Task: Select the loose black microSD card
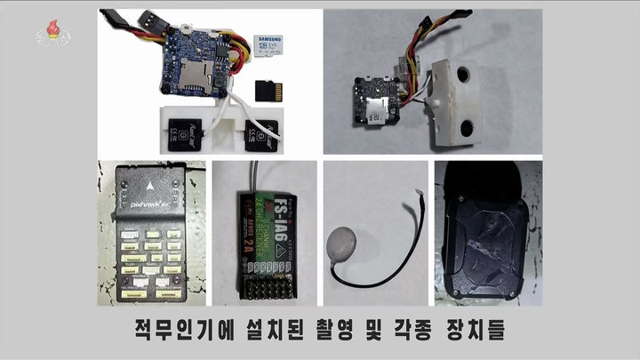click(x=264, y=91)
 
